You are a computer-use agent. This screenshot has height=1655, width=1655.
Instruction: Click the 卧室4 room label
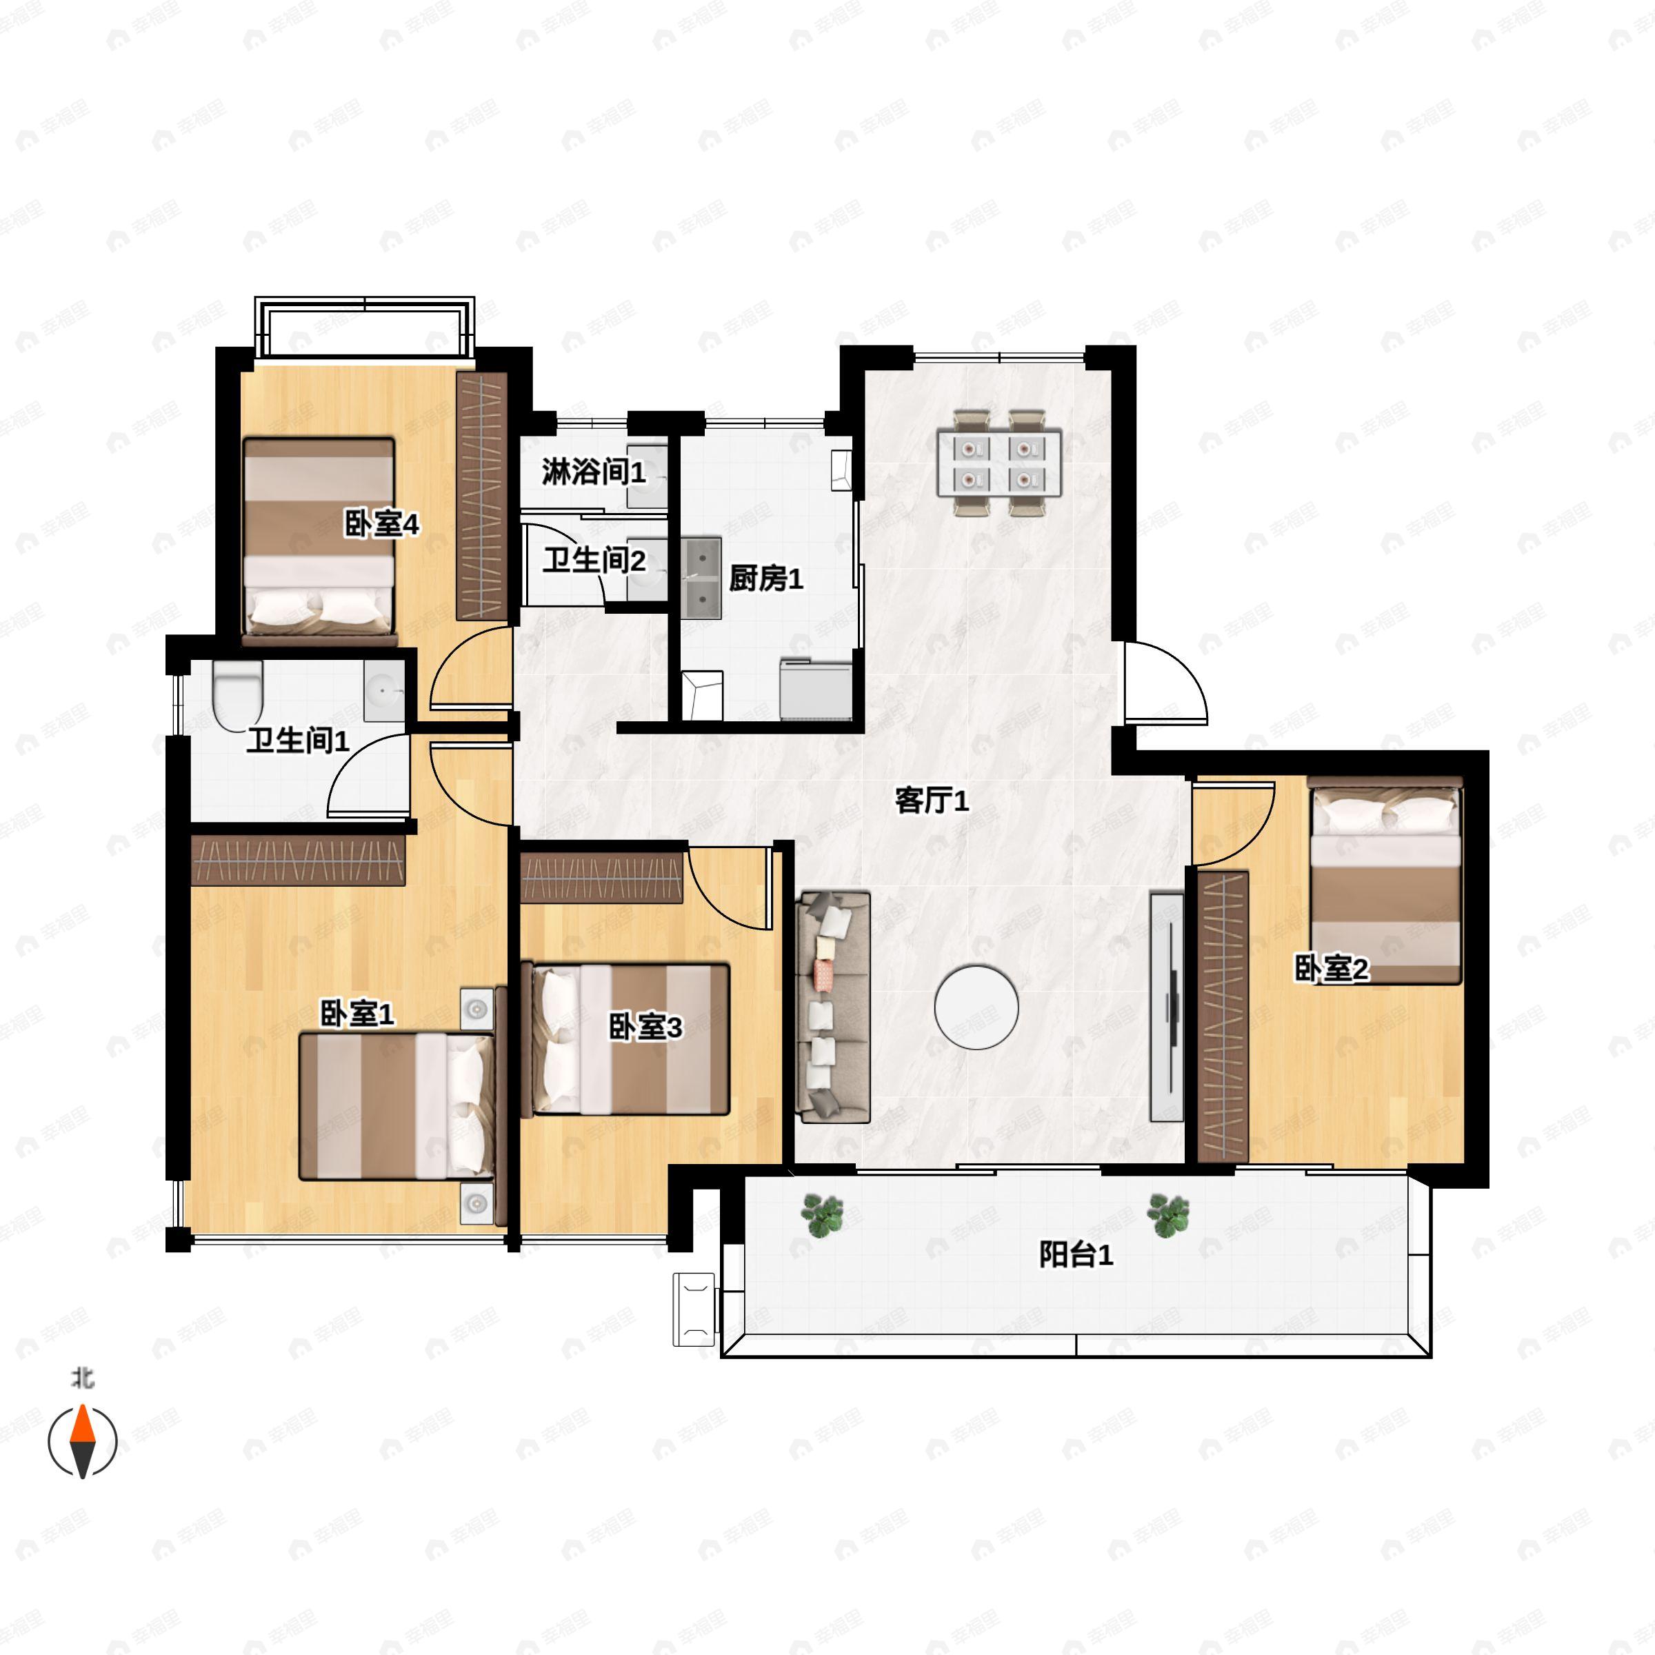[x=381, y=523]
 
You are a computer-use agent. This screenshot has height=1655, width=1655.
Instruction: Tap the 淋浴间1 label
[x=593, y=471]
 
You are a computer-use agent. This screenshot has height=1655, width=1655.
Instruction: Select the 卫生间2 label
[x=594, y=561]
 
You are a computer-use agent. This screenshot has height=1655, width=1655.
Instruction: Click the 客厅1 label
[x=931, y=801]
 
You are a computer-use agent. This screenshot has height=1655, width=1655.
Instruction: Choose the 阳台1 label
[x=1076, y=1256]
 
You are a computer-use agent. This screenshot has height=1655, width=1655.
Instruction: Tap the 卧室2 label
[x=1331, y=969]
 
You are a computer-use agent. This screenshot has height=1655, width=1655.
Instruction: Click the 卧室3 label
[x=645, y=1027]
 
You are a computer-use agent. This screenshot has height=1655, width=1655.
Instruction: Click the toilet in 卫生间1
[x=237, y=694]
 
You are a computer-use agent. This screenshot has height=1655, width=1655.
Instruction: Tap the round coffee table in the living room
[x=976, y=1007]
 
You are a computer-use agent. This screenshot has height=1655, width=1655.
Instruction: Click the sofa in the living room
[x=832, y=1007]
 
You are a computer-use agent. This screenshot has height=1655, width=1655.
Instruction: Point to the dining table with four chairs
[x=1000, y=463]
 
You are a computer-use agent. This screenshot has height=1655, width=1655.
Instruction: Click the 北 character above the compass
[x=82, y=1378]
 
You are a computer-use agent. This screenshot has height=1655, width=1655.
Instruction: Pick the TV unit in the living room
[x=1166, y=1007]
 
